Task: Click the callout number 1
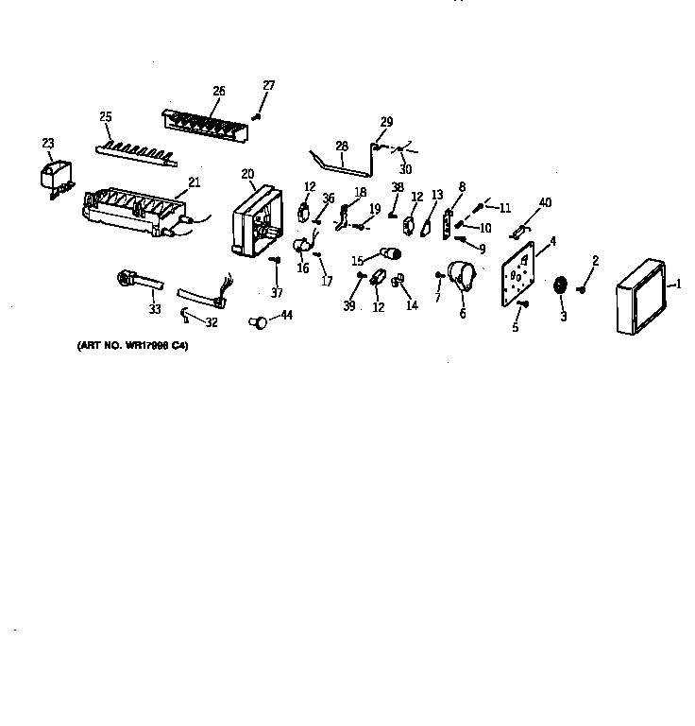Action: click(x=677, y=284)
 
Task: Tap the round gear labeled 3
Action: click(x=561, y=286)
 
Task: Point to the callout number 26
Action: click(x=219, y=92)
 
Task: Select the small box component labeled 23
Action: click(x=53, y=178)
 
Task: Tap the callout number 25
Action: click(x=106, y=117)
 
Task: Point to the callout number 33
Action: click(x=155, y=309)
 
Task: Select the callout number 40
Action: click(x=545, y=202)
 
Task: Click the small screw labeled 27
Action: click(x=256, y=116)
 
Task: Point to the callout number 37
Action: click(x=277, y=293)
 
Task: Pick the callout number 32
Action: click(x=212, y=322)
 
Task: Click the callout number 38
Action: click(x=398, y=187)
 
